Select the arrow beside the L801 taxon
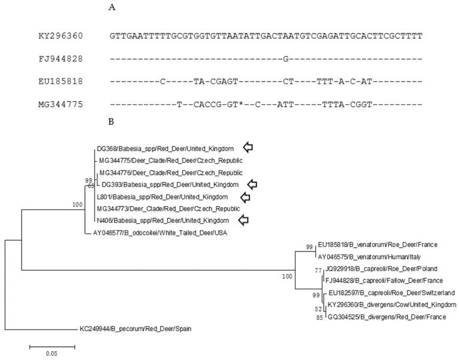click(244, 196)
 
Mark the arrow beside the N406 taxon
click(244, 220)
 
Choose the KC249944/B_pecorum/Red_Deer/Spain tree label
click(137, 329)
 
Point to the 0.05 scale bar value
click(52, 353)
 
